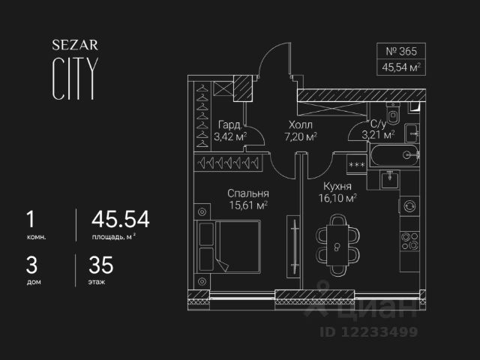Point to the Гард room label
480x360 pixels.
(229, 124)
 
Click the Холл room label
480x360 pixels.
(300, 124)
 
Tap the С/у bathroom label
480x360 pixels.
(378, 124)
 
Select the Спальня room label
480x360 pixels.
(248, 193)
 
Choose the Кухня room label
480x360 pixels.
(338, 186)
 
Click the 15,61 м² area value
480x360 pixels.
(248, 205)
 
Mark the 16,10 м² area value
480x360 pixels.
(338, 198)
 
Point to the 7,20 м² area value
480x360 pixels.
(300, 136)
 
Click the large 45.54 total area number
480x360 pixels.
(120, 219)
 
